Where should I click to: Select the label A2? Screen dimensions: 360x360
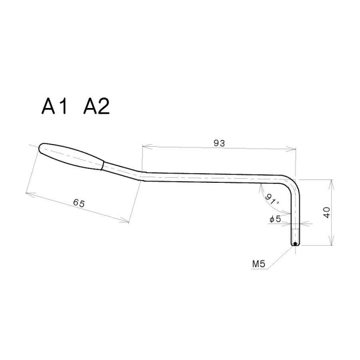pyautogui.click(x=96, y=106)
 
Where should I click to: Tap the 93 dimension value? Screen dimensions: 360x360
pyautogui.click(x=219, y=143)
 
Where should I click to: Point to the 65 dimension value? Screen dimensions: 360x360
pyautogui.click(x=78, y=203)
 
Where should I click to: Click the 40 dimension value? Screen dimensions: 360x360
pyautogui.click(x=326, y=213)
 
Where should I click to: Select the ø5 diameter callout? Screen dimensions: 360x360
pyautogui.click(x=275, y=218)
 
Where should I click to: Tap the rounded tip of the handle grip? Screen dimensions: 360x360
pyautogui.click(x=42, y=148)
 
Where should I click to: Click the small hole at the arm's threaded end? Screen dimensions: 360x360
pyautogui.click(x=295, y=244)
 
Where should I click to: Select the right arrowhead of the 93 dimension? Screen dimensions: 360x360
pyautogui.click(x=293, y=149)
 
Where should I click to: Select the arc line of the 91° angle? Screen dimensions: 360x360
pyautogui.click(x=266, y=197)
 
